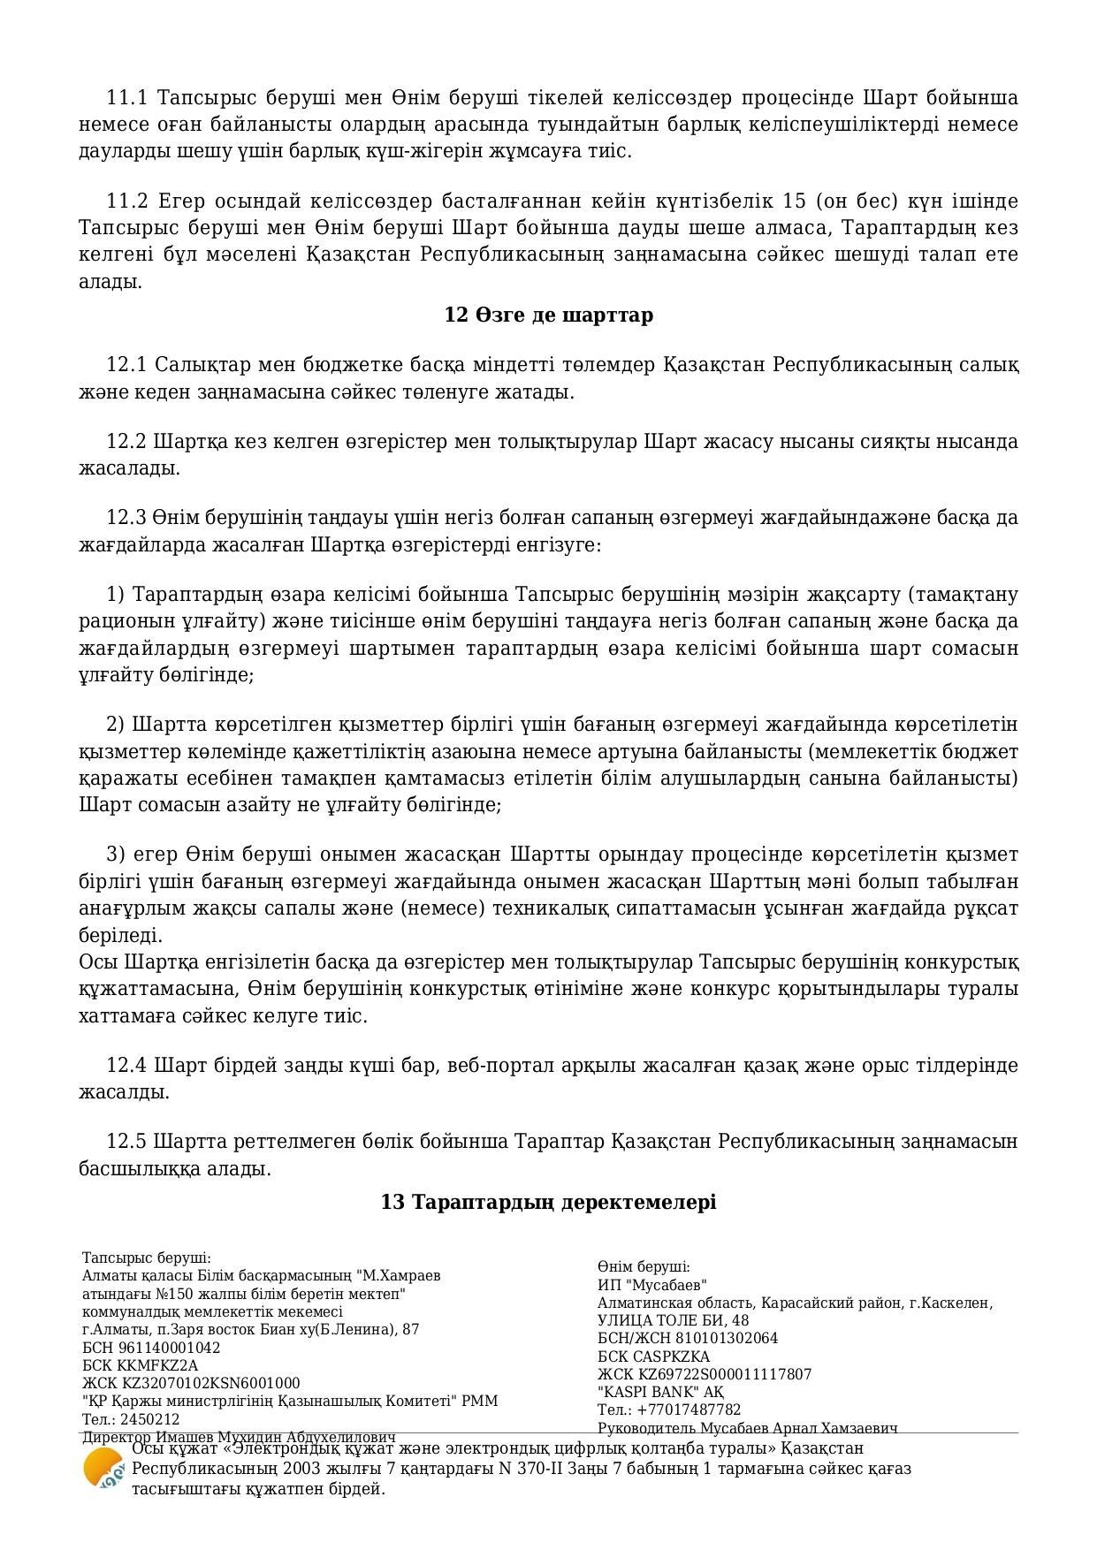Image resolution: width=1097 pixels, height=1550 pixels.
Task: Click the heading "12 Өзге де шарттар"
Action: click(x=548, y=315)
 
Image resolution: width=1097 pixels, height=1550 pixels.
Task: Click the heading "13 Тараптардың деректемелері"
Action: click(x=548, y=1202)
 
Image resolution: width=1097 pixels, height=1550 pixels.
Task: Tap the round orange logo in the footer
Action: click(x=103, y=1469)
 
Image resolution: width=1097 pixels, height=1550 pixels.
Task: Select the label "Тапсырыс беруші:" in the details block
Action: click(x=146, y=1257)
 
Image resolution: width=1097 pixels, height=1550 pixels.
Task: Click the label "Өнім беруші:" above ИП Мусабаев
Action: click(x=643, y=1266)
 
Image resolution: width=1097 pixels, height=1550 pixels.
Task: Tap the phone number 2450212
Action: click(x=153, y=1419)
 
